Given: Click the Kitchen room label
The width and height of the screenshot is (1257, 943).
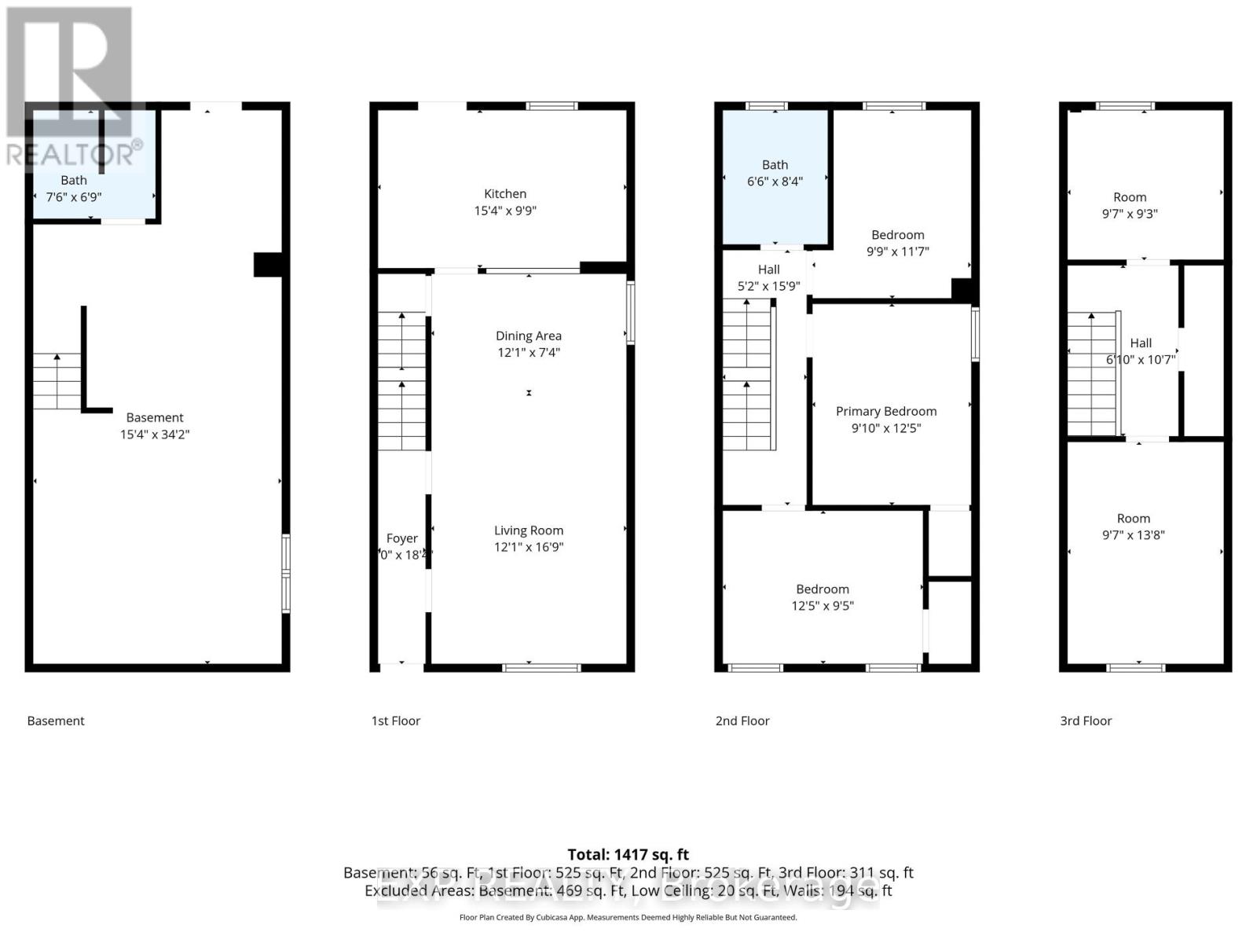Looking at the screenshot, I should click(505, 194).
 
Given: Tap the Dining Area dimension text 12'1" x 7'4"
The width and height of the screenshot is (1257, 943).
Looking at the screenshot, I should click(528, 353).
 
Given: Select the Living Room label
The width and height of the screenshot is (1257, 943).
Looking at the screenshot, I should click(528, 530).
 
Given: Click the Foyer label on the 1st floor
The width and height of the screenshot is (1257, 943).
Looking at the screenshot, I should click(401, 538).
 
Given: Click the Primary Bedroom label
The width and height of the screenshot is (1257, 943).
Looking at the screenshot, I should click(885, 411).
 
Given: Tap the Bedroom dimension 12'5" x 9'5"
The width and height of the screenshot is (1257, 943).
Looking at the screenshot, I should click(822, 606).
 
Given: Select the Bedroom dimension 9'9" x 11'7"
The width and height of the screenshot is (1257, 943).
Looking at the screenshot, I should click(897, 251).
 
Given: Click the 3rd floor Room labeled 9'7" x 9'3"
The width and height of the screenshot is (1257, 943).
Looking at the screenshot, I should click(1129, 205).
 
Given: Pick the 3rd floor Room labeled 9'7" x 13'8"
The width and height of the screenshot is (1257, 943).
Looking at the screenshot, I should click(1133, 527).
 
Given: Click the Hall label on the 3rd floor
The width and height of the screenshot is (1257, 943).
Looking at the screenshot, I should click(1141, 343).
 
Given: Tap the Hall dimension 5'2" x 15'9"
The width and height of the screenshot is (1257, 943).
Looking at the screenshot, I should click(768, 286).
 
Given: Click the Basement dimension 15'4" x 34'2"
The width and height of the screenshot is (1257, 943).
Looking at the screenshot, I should click(155, 435).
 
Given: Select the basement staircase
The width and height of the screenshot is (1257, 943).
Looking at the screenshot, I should click(57, 381).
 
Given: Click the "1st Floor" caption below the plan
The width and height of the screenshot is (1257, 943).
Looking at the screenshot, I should click(395, 721).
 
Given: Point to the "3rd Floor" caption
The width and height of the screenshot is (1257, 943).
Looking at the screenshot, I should click(1086, 721).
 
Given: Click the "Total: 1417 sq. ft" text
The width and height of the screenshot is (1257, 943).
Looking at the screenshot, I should click(628, 854).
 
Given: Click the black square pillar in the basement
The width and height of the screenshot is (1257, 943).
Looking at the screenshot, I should click(268, 264).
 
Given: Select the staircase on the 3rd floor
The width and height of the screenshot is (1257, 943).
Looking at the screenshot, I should click(1091, 373).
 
